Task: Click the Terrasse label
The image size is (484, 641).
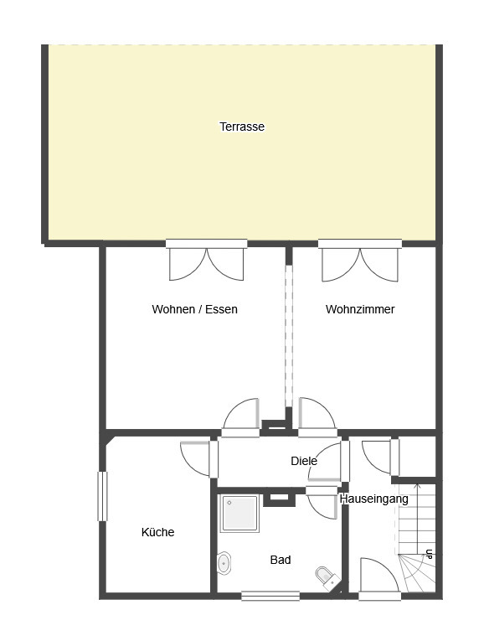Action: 242,127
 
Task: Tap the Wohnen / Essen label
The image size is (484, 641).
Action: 194,309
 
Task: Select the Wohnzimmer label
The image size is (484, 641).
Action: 360,309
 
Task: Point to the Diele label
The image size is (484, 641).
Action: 304,461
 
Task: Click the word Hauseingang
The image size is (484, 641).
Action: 373,499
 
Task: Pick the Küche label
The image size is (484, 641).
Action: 157,532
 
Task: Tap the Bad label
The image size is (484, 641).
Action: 281,560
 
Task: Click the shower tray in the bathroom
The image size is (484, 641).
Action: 239,514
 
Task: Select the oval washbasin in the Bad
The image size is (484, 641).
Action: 224,563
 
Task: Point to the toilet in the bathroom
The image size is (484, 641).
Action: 327,577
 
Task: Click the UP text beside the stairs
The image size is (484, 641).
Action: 429,555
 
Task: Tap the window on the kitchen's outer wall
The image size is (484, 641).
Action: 102,496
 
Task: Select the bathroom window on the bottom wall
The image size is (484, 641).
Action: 270,596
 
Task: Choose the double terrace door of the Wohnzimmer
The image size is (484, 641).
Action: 360,261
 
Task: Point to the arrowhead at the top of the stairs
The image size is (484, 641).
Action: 417,487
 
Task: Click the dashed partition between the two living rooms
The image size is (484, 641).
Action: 289,336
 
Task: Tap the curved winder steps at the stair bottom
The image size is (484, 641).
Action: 417,572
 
